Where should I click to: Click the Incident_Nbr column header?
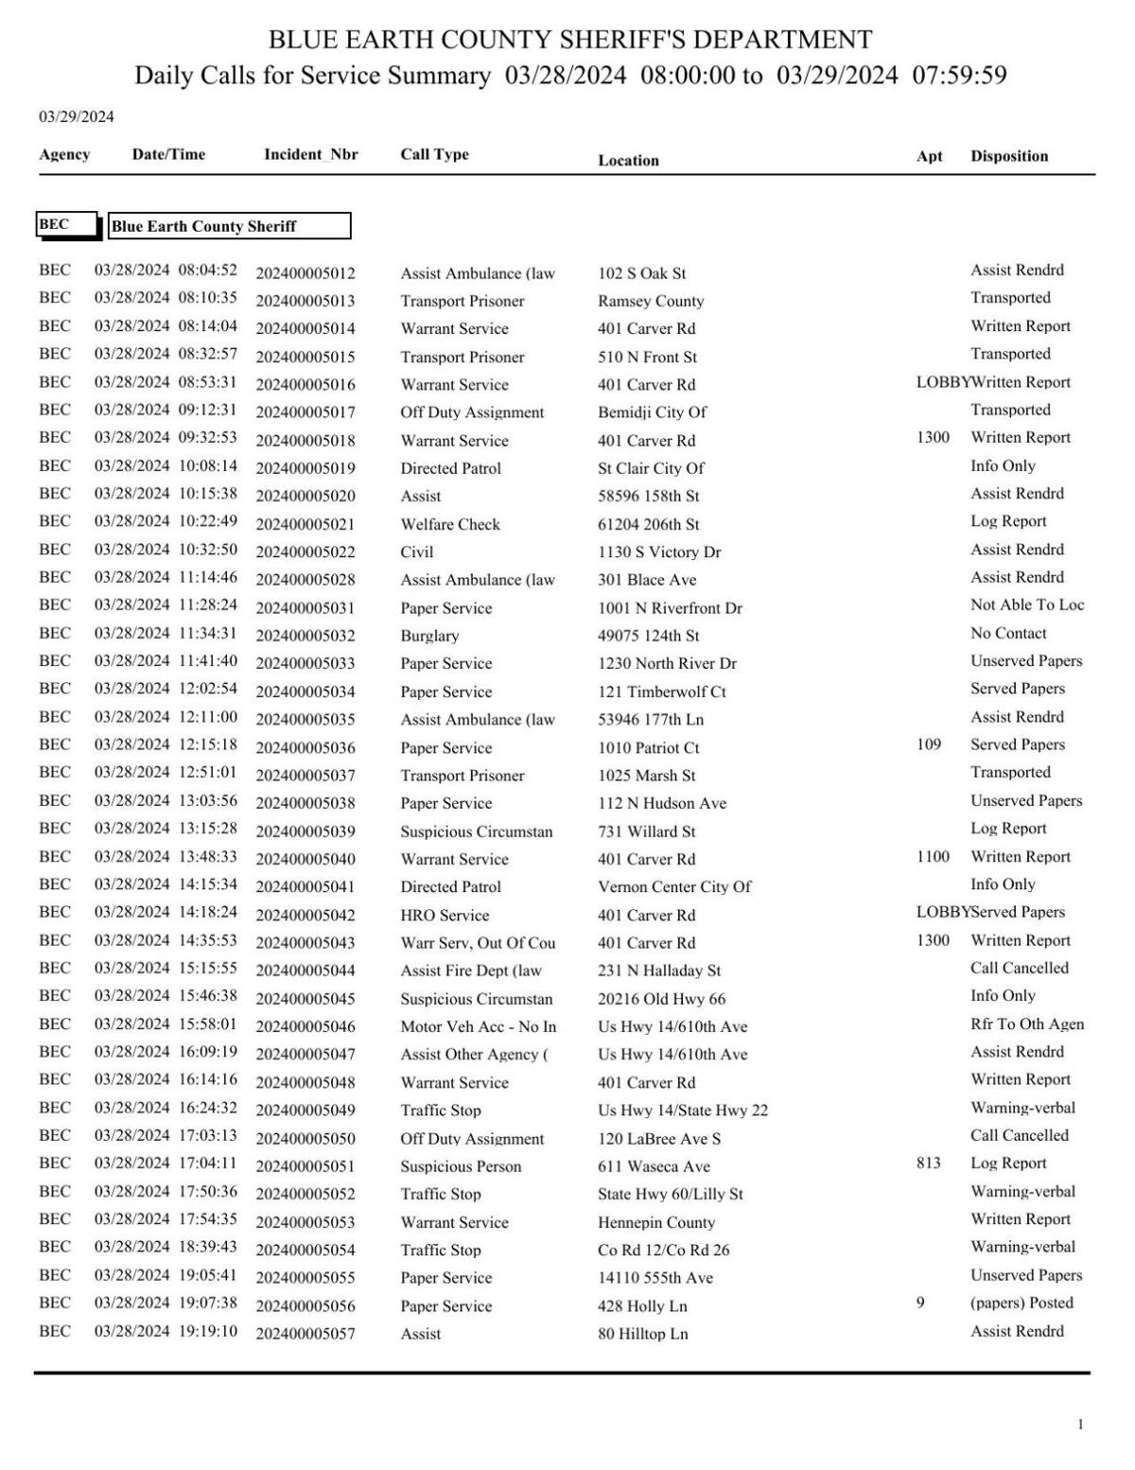pos(310,155)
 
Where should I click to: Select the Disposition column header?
pos(1008,156)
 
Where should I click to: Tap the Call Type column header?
pos(434,154)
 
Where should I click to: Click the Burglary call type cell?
pos(429,636)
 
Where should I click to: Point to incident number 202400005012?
pos(306,273)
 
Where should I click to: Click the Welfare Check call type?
pos(450,524)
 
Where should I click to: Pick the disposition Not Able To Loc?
pos(1027,605)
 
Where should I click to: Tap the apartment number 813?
pos(929,1163)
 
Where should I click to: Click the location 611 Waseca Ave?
pos(654,1166)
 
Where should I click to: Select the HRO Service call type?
pos(445,915)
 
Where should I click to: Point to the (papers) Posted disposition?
pos(1021,1303)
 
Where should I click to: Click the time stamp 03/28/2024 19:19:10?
pos(166,1331)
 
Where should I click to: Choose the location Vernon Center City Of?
pos(674,886)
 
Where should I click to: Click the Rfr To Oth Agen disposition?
pos(1027,1024)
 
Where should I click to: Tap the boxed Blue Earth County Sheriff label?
pos(229,226)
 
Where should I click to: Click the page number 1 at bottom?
pos(1080,1425)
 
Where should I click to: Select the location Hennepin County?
pos(656,1222)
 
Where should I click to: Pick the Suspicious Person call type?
pos(461,1166)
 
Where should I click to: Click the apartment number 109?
pos(929,744)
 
